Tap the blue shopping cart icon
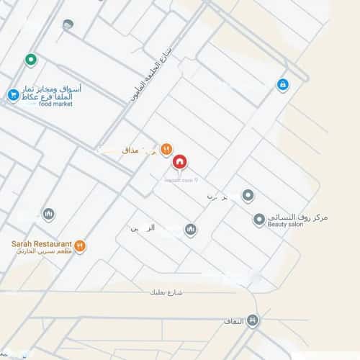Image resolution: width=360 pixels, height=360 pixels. tap(13, 95)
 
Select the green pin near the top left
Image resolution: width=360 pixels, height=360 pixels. tap(30, 60)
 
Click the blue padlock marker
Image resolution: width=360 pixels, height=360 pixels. tap(283, 85)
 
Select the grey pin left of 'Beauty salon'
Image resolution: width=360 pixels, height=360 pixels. tap(259, 220)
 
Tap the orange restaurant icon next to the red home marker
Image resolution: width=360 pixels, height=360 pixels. tap(166, 149)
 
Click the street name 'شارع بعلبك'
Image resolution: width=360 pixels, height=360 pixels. tap(168, 293)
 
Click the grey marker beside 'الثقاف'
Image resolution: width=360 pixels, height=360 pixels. tap(252, 321)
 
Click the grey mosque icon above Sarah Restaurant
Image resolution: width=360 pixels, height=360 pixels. tap(48, 214)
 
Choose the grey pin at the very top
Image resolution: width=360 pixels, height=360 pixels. tap(68, 25)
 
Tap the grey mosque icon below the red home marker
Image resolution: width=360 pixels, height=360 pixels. tap(191, 230)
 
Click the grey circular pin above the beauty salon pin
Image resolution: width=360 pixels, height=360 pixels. tap(248, 195)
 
